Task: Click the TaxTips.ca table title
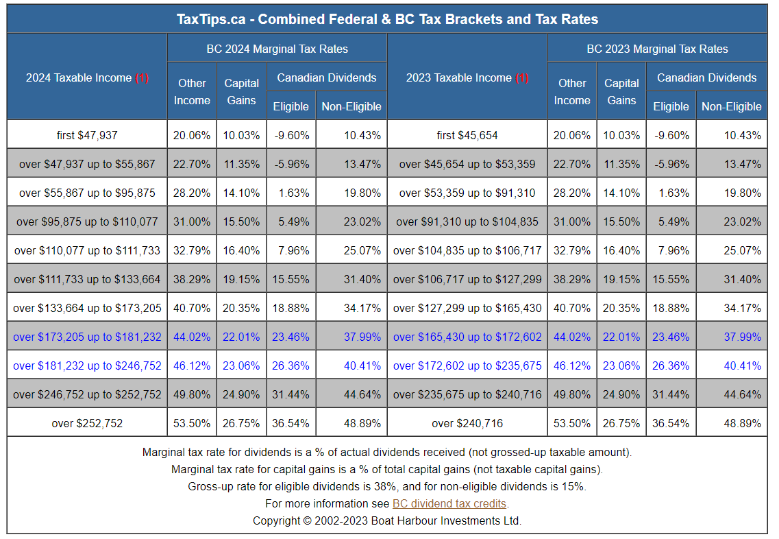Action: (387, 19)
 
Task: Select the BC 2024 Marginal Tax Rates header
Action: (277, 49)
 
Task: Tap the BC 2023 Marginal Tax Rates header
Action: (657, 49)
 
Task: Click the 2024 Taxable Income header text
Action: (79, 77)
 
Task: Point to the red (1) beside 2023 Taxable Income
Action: (522, 77)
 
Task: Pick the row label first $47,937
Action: (87, 135)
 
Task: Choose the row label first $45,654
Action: (467, 135)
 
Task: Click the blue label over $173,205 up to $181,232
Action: (87, 337)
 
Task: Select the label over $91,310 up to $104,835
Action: (467, 221)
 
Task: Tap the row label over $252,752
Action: (87, 423)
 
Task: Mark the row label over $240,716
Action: (467, 423)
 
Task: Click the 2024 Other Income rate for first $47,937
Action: (192, 135)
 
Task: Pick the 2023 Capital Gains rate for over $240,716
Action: (621, 423)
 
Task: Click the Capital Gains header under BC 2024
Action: (241, 91)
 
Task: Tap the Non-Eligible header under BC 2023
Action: (731, 106)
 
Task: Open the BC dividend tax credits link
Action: (450, 504)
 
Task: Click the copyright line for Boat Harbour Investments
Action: (387, 520)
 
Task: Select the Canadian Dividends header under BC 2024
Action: (327, 77)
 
